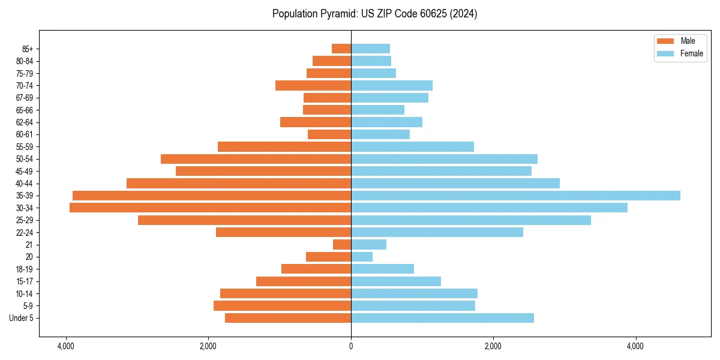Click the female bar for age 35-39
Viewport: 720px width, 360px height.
click(x=515, y=196)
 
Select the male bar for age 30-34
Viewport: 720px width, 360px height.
click(x=210, y=208)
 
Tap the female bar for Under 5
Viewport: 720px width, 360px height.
click(x=442, y=318)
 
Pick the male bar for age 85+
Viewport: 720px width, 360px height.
click(x=341, y=49)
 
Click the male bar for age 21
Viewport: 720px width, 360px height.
click(x=342, y=244)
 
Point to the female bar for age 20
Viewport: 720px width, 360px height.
click(x=362, y=257)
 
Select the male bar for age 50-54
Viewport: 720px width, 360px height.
click(x=256, y=159)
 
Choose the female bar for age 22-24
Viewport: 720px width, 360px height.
click(x=437, y=232)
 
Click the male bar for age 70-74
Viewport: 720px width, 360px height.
click(x=313, y=85)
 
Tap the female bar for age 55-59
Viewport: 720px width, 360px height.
click(x=412, y=146)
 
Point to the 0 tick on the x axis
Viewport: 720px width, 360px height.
click(x=351, y=346)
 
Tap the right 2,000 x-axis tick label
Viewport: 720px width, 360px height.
click(x=493, y=346)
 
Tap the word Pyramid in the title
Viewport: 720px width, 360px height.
click(x=336, y=14)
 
